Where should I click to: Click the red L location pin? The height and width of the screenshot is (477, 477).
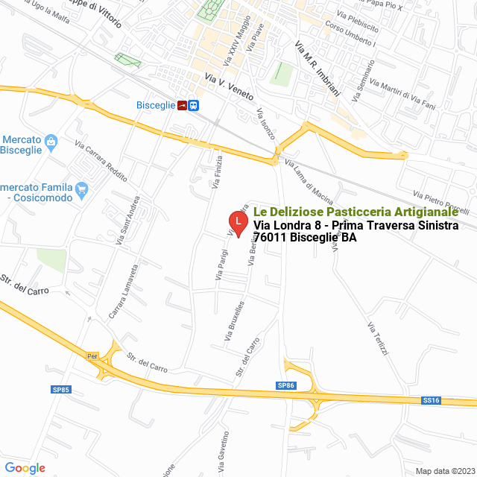(x=237, y=221)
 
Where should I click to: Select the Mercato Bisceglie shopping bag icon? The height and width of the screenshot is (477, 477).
(x=51, y=141)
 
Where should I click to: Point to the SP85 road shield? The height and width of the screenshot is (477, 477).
(x=60, y=389)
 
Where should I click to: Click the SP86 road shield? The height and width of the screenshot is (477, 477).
(x=286, y=385)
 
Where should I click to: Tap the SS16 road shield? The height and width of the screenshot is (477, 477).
(x=432, y=400)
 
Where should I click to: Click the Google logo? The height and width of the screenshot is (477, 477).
(x=25, y=468)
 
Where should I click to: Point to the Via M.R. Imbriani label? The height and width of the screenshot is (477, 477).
(x=317, y=69)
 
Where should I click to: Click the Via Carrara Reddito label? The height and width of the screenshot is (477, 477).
(x=101, y=160)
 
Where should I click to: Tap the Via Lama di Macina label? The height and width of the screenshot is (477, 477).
(x=309, y=183)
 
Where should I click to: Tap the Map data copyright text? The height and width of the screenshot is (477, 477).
(x=443, y=470)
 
